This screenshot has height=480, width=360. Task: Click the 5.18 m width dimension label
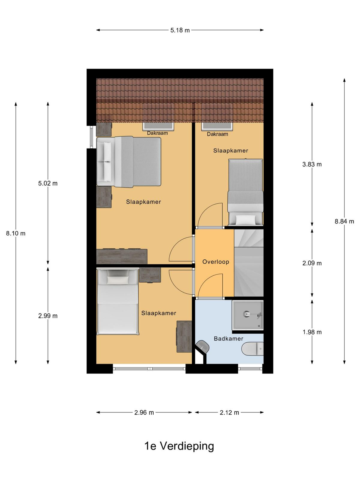pyautogui.click(x=180, y=30)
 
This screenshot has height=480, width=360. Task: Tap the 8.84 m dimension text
pyautogui.click(x=344, y=221)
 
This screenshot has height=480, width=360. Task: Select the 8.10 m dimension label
pyautogui.click(x=16, y=233)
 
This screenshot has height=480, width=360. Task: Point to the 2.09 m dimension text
pyautogui.click(x=312, y=263)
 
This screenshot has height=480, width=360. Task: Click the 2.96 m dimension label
pyautogui.click(x=144, y=412)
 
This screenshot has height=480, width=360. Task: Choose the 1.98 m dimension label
pyautogui.click(x=312, y=332)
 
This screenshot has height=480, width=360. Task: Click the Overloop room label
pyautogui.click(x=215, y=262)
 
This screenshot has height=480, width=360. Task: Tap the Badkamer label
pyautogui.click(x=228, y=338)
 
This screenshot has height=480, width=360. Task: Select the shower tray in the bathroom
pyautogui.click(x=248, y=315)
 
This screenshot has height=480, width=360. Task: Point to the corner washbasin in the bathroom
pyautogui.click(x=202, y=346)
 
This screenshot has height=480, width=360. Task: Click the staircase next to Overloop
pyautogui.click(x=249, y=262)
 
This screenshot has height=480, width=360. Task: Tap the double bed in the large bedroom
pyautogui.click(x=129, y=162)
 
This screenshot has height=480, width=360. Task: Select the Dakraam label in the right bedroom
pyautogui.click(x=217, y=134)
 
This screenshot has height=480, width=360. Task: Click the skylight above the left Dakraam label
pyautogui.click(x=158, y=126)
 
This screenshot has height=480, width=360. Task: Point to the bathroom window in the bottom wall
pyautogui.click(x=250, y=368)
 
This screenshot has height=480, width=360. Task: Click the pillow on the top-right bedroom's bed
pyautogui.click(x=245, y=220)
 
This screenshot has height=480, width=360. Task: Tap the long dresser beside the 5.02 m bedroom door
pyautogui.click(x=122, y=256)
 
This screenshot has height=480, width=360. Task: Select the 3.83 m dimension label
pyautogui.click(x=312, y=164)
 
